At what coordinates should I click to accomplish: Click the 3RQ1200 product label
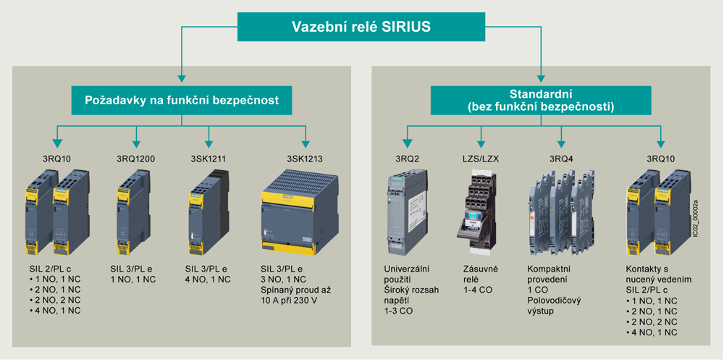[x=136, y=159]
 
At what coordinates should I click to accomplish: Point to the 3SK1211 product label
[x=209, y=159]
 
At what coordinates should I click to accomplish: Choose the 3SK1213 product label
[x=305, y=159]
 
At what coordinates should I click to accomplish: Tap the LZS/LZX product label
[x=481, y=159]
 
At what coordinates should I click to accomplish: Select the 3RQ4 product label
[x=561, y=159]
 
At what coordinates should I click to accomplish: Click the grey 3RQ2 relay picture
[x=400, y=215]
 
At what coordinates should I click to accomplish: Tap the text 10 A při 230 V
[x=288, y=300]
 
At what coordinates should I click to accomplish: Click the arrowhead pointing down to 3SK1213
[x=305, y=141]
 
